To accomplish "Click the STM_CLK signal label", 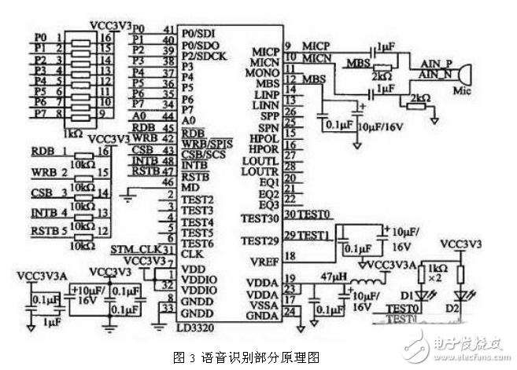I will click(130, 250).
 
